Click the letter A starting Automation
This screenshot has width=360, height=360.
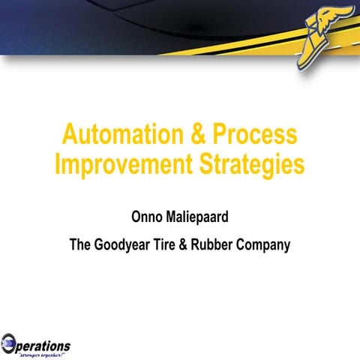click(x=70, y=135)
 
